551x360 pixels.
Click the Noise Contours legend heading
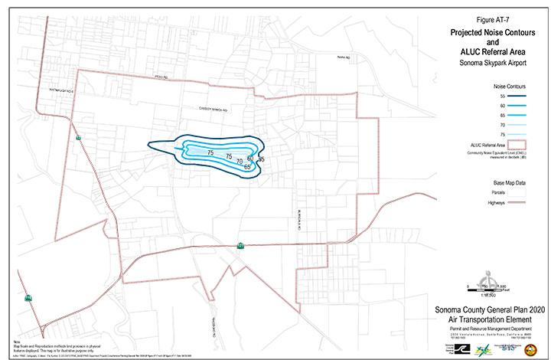pos(504,87)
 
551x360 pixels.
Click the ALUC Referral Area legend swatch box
pos(522,144)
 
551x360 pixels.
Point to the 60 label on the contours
pos(250,159)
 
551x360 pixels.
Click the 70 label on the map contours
pos(239,162)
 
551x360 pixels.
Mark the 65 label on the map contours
pos(247,166)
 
